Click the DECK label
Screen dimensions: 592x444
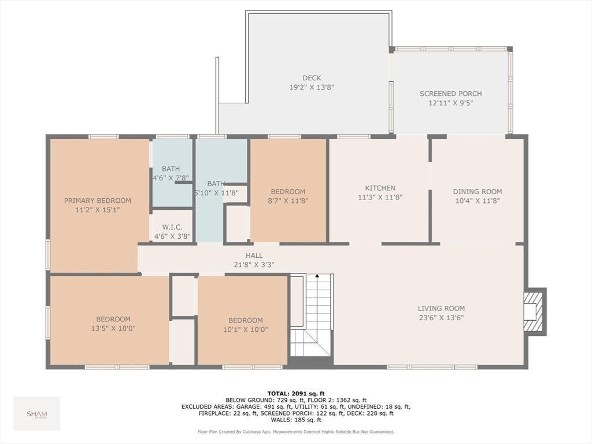tap(312, 78)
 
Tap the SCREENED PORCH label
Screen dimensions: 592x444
tap(450, 94)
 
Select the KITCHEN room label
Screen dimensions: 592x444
tap(380, 188)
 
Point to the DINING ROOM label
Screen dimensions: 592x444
tap(477, 191)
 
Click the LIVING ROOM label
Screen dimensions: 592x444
tap(441, 309)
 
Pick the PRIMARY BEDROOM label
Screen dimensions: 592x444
tap(97, 201)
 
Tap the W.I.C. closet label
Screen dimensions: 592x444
tap(172, 227)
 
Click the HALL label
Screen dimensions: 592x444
tap(254, 256)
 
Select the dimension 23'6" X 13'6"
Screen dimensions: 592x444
tap(441, 317)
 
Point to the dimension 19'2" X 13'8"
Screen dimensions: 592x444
tap(312, 87)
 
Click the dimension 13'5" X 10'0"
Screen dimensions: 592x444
tap(113, 328)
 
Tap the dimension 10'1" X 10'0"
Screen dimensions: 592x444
tap(245, 330)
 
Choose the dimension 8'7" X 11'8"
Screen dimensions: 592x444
tap(288, 201)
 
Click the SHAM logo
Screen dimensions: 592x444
tap(37, 414)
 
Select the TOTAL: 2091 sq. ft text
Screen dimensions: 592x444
tap(296, 394)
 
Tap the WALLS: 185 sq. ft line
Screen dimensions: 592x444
tap(296, 420)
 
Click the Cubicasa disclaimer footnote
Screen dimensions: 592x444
tap(296, 431)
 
